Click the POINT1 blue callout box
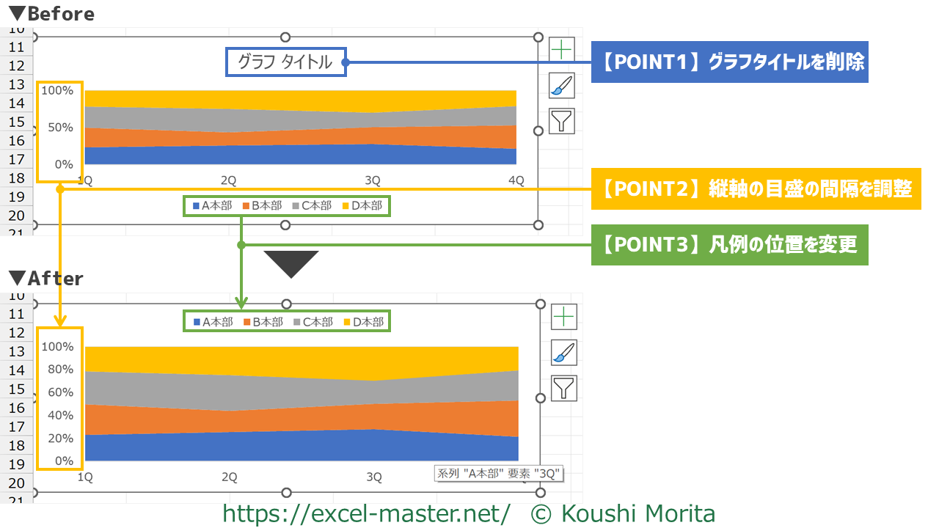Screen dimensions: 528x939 729,62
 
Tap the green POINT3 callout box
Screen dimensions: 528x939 729,245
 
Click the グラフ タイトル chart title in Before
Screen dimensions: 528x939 285,62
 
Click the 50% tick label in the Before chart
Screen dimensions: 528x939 57,128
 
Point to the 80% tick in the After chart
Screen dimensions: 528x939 57,370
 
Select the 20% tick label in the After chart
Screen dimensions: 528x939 57,439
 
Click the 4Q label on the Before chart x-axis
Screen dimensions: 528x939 516,180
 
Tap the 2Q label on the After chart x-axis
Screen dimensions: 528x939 230,477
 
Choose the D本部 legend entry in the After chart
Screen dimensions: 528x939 363,322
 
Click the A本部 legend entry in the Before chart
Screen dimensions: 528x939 212,206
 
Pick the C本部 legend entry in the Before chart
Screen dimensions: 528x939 312,206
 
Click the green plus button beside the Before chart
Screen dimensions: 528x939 562,50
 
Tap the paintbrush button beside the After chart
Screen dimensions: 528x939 563,353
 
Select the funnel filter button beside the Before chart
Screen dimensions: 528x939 562,121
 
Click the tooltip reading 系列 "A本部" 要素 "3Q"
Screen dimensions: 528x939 499,474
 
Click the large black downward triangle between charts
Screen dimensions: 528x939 291,263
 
